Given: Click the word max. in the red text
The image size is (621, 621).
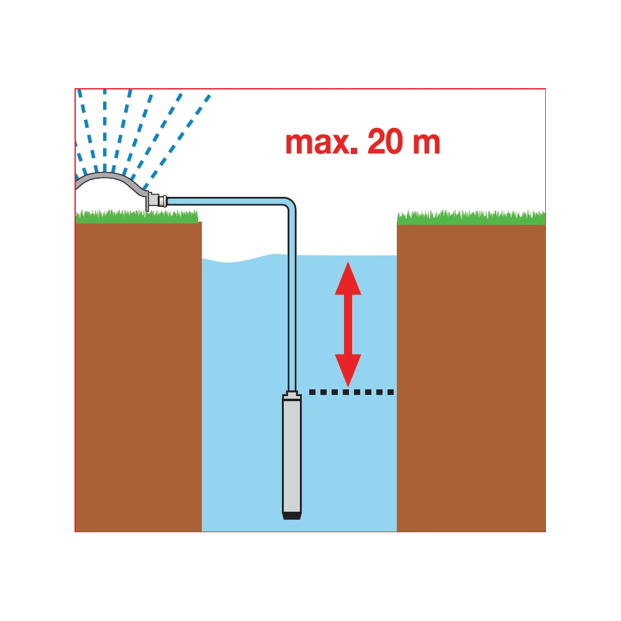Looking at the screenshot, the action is (x=321, y=143).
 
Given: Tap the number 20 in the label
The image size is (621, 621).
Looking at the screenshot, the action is (x=385, y=142).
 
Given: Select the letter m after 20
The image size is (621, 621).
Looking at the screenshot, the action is (x=426, y=143).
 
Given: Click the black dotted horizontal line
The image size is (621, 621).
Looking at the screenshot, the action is (x=351, y=392).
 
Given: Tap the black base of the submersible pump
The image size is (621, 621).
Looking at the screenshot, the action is (x=292, y=515).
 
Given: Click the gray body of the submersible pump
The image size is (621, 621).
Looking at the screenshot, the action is (x=292, y=455).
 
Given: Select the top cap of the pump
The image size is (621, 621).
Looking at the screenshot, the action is (x=292, y=394).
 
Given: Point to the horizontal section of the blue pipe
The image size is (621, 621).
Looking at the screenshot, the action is (x=226, y=201).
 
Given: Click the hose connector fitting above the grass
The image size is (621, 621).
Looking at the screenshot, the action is (x=156, y=201).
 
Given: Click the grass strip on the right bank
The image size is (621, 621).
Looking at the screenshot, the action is (x=471, y=218).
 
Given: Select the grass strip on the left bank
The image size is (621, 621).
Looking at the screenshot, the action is (x=137, y=217).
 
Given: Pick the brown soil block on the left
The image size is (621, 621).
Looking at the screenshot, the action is (x=138, y=377).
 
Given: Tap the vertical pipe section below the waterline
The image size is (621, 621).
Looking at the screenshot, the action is (x=292, y=323).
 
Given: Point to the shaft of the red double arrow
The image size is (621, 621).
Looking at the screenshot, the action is (x=348, y=324).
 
